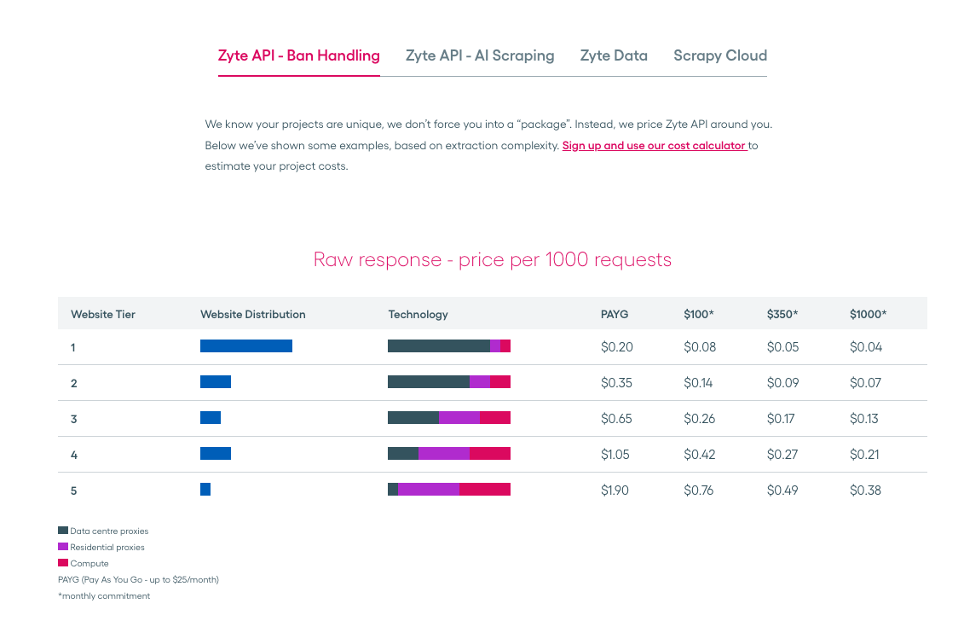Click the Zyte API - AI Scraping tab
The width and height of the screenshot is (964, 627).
[x=480, y=55]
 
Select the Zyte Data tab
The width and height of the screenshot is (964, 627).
[x=614, y=55]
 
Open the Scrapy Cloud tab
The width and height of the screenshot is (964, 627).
[x=720, y=55]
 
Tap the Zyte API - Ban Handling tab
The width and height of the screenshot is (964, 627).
[x=299, y=55]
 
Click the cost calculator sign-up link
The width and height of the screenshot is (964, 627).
[x=655, y=146]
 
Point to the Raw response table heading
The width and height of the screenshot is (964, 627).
[x=493, y=259]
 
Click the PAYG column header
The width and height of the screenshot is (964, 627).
[x=615, y=314]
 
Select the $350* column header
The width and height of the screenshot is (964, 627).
[x=782, y=314]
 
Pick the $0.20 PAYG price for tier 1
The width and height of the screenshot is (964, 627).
[x=615, y=347]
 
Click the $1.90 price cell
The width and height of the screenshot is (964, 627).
[x=615, y=491]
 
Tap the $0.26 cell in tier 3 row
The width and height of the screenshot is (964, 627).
[x=700, y=419]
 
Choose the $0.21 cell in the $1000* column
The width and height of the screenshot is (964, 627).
[x=864, y=455]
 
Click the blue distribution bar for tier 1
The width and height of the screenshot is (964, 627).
[x=246, y=345]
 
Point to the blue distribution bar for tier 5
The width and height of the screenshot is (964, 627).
[x=205, y=489]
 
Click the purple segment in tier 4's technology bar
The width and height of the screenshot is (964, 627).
[x=444, y=454]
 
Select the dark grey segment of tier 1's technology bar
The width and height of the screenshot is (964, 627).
[x=439, y=345]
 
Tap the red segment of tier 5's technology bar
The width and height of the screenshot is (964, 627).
[x=485, y=489]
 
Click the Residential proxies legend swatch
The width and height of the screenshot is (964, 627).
[x=63, y=547]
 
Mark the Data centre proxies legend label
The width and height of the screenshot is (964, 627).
[x=109, y=531]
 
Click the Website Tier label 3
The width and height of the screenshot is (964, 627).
[x=74, y=419]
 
